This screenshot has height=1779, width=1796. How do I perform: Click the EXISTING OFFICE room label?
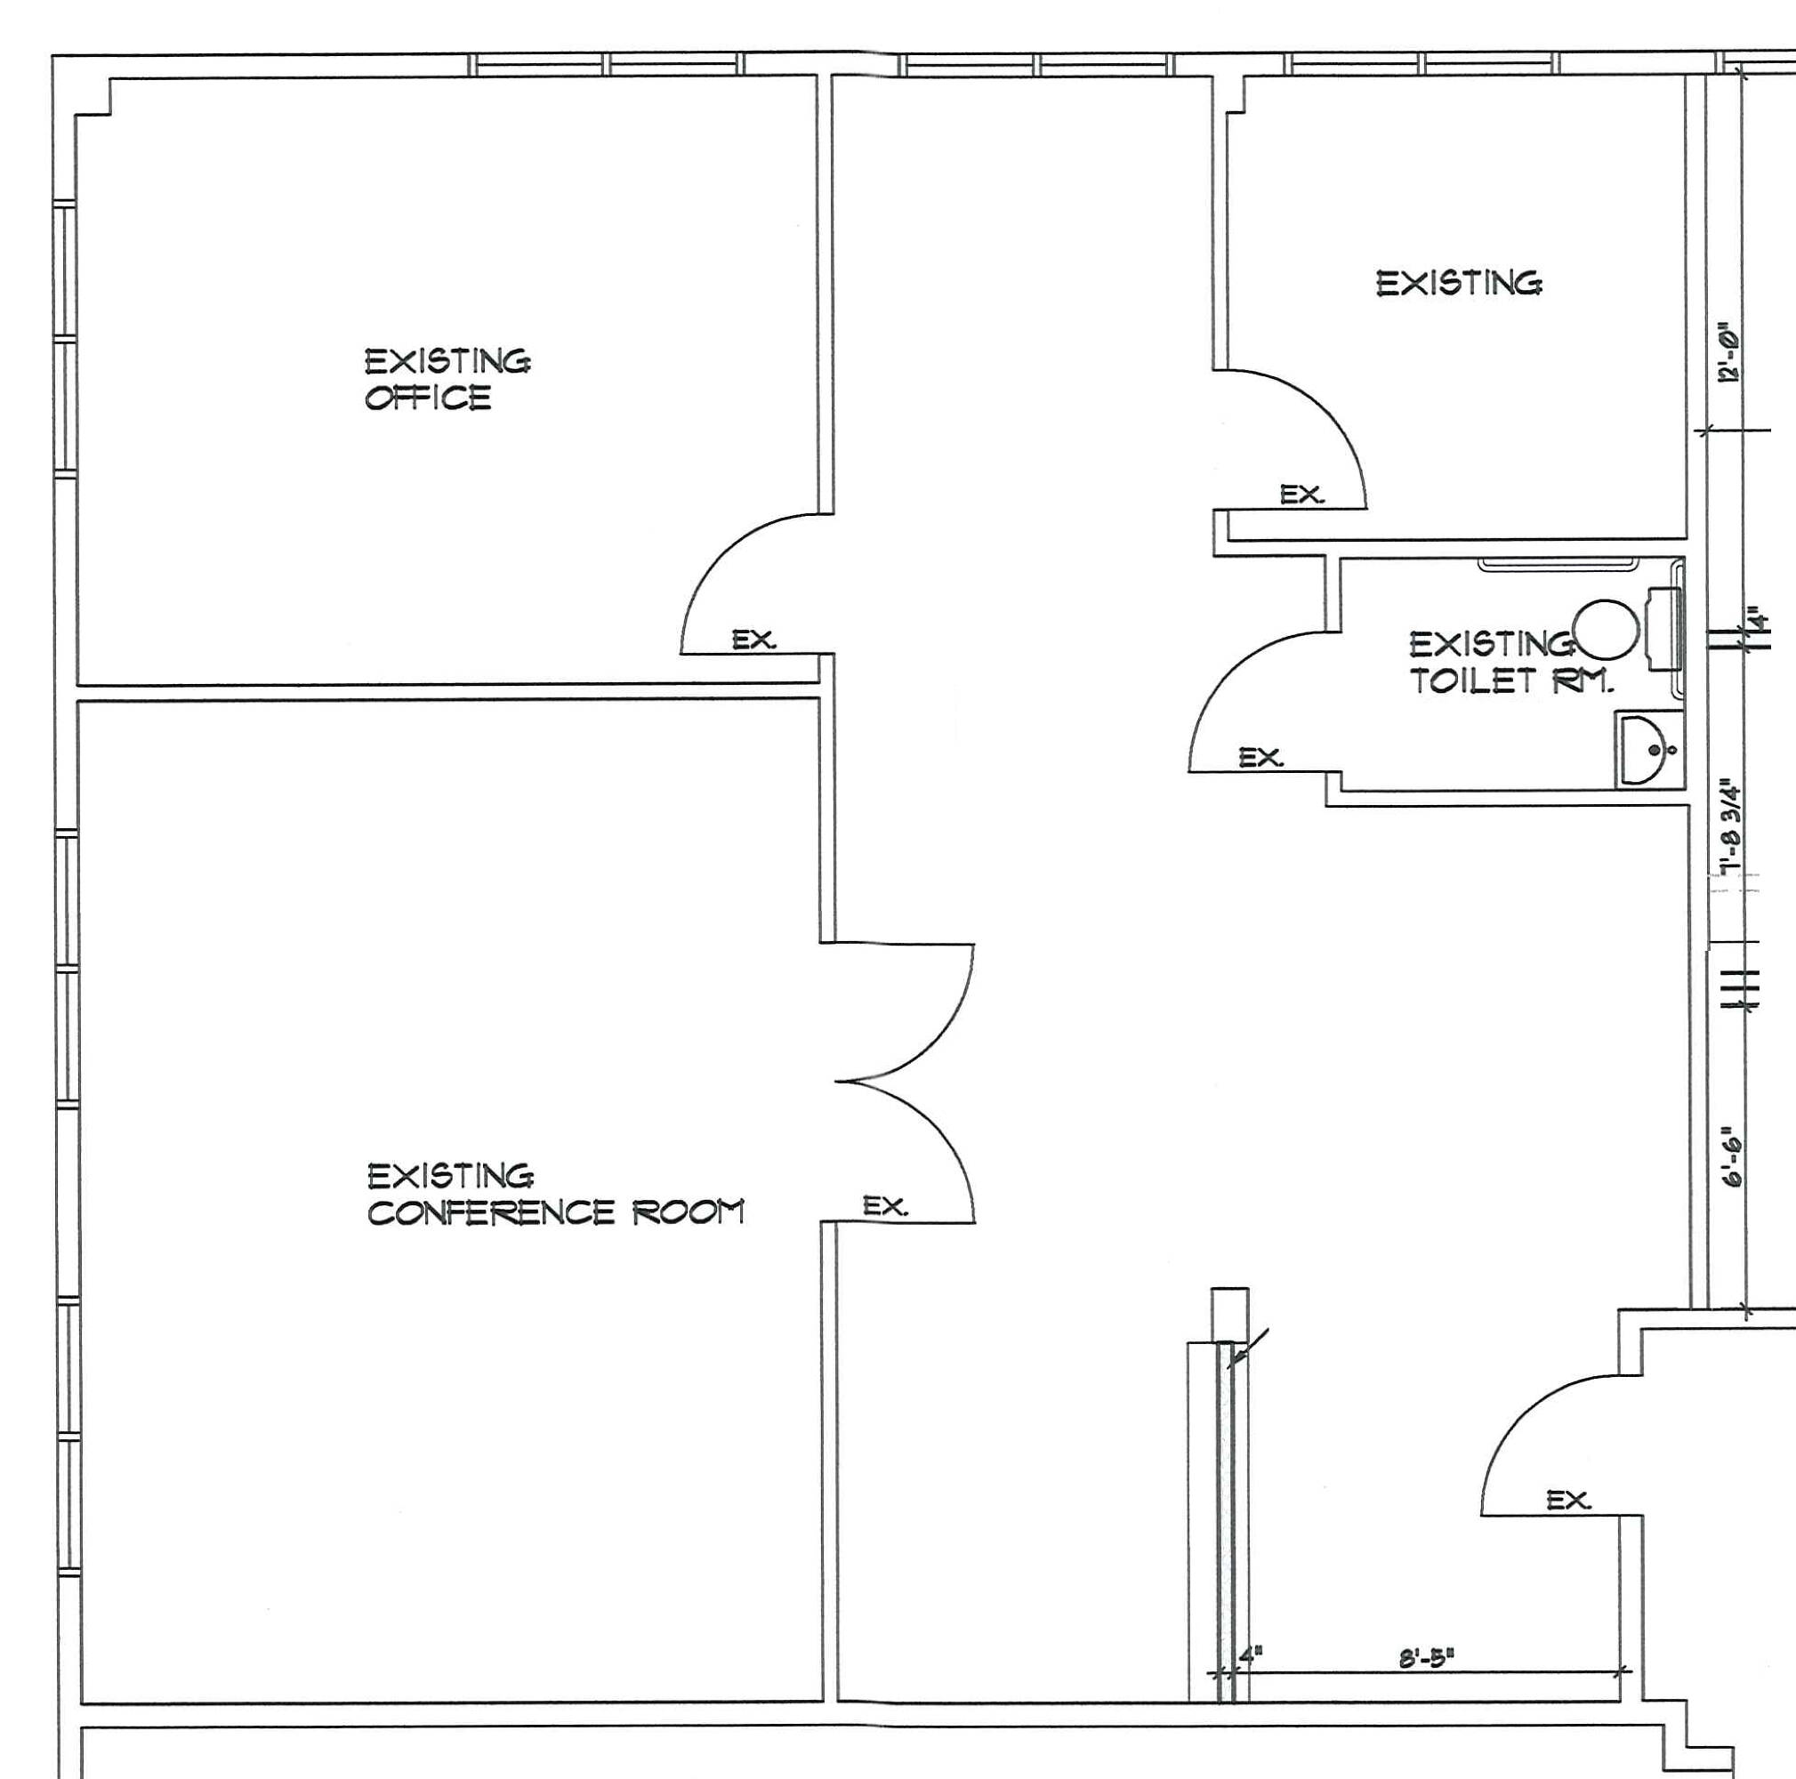pyautogui.click(x=448, y=379)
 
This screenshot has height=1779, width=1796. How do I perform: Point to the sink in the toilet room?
pyautogui.click(x=1649, y=750)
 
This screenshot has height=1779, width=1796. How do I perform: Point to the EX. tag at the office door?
pyautogui.click(x=754, y=640)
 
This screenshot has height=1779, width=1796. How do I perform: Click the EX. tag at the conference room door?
pyautogui.click(x=885, y=1206)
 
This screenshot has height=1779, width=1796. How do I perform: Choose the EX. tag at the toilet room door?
pyautogui.click(x=1260, y=759)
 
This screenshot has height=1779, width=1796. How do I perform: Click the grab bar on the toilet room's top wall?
pyautogui.click(x=1557, y=563)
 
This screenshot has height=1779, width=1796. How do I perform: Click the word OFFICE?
pyautogui.click(x=428, y=398)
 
